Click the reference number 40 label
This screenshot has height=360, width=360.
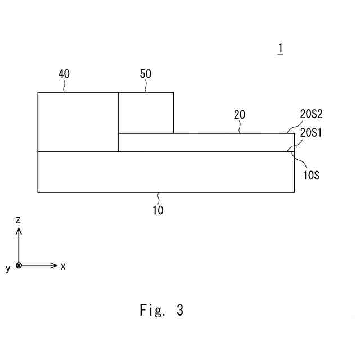[64, 74]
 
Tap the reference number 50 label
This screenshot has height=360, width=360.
[145, 74]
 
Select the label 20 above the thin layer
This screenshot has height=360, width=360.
[240, 115]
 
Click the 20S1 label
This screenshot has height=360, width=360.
[311, 133]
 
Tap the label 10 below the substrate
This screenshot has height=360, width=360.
[158, 210]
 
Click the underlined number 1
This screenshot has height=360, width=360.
[280, 49]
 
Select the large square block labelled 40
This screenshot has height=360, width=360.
[78, 121]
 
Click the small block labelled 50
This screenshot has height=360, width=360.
[146, 112]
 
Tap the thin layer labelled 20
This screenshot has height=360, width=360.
[206, 142]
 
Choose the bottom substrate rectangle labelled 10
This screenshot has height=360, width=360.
[165, 172]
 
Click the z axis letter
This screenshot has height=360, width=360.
[18, 220]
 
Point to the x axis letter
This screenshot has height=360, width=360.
[63, 266]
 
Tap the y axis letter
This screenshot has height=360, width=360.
[8, 268]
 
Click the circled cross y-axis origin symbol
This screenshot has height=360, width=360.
[19, 265]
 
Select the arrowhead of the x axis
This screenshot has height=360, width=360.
[55, 265]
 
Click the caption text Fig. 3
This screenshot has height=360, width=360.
[161, 310]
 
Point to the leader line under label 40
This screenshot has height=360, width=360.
[64, 86]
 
